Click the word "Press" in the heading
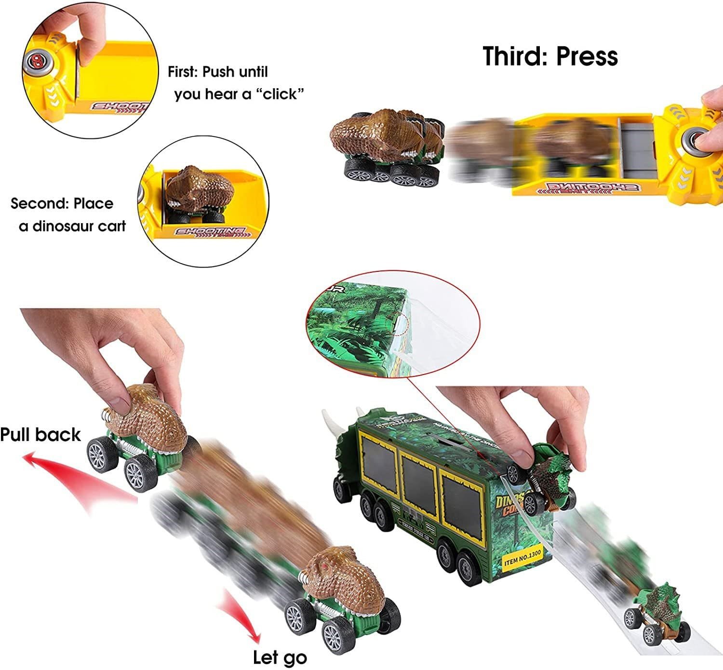tap(587, 56)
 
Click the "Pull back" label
tap(40, 434)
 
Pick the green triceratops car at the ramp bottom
tap(653, 610)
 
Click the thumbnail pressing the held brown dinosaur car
tap(121, 402)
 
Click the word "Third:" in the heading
tap(516, 56)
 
